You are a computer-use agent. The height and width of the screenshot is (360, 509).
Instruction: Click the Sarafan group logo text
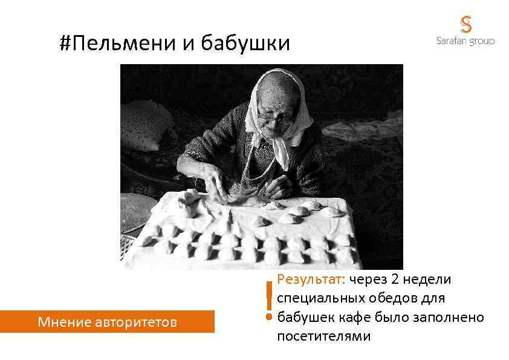coord(465,41)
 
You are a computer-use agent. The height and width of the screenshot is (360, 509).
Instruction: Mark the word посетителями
coord(323,336)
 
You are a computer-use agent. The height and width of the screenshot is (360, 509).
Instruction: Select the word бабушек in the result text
coord(306,317)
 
